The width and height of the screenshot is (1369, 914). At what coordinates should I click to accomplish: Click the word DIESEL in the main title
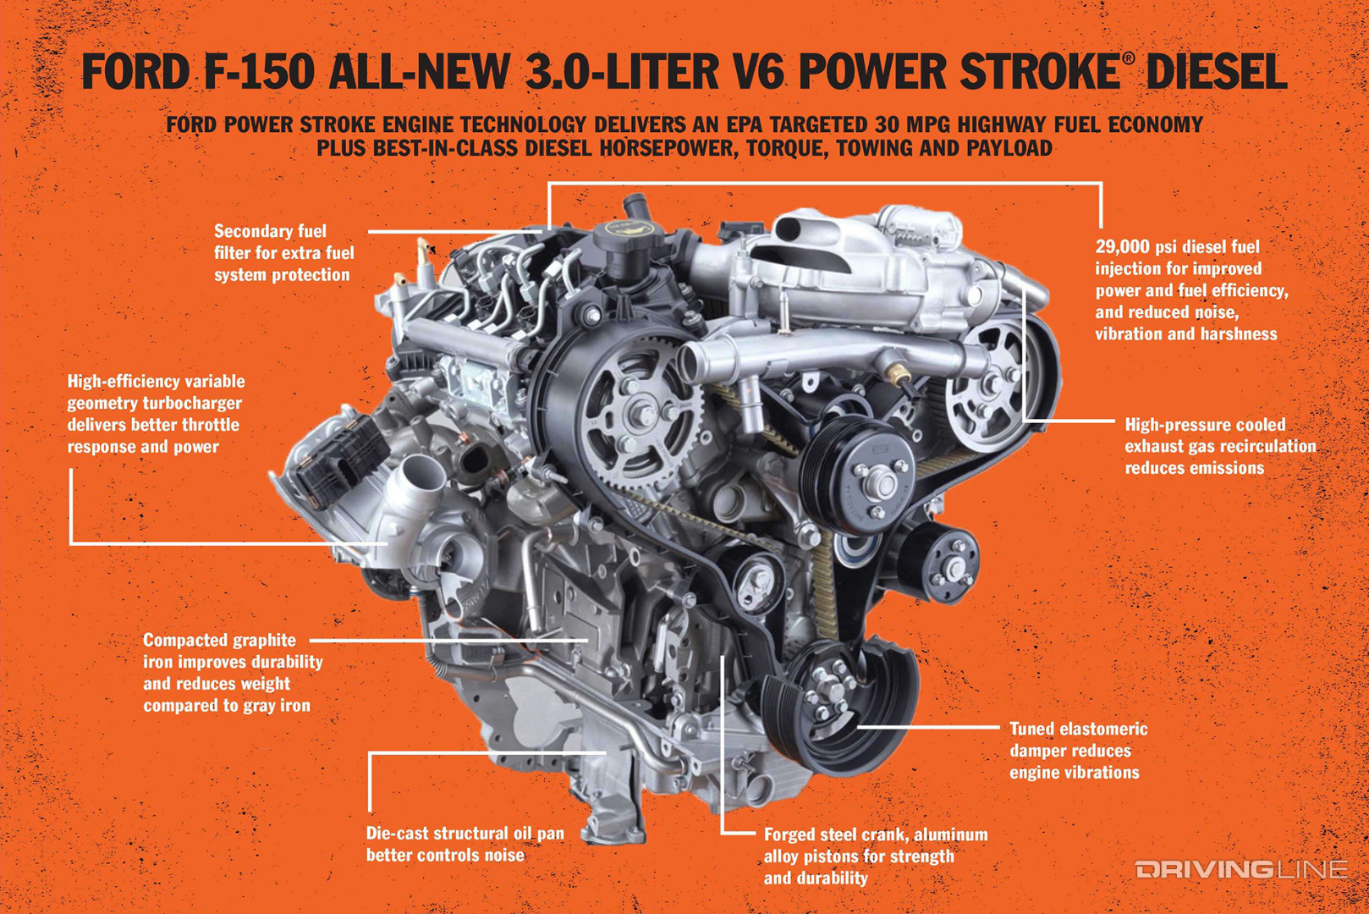coord(1216,71)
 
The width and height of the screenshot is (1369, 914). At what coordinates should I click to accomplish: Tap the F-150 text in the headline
coord(258,71)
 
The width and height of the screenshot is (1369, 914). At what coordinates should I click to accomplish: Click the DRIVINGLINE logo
coord(1240,869)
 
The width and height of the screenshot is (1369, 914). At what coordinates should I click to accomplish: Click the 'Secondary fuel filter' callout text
coord(283,253)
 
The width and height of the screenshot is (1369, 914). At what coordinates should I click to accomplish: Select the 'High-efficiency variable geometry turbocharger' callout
coord(156,414)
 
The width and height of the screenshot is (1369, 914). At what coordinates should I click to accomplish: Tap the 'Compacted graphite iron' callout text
coord(232,673)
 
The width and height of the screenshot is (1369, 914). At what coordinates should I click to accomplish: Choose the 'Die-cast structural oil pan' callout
coord(465,844)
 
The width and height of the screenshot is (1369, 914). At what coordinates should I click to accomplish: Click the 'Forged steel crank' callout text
coord(875,856)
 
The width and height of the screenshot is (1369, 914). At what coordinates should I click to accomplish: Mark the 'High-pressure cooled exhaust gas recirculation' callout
coord(1219,446)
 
